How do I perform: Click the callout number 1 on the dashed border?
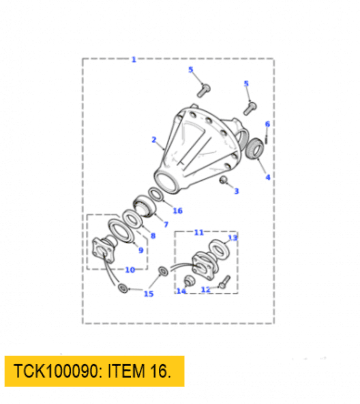point(134,60)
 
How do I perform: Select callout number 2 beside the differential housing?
point(154,140)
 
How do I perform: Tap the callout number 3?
point(236,191)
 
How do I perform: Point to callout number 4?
point(268,177)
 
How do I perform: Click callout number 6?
point(267,124)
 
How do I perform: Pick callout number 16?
point(178,211)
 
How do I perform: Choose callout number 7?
point(166,224)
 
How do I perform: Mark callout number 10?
point(130,270)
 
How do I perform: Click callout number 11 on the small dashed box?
point(199,232)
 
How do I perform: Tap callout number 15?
point(148,294)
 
